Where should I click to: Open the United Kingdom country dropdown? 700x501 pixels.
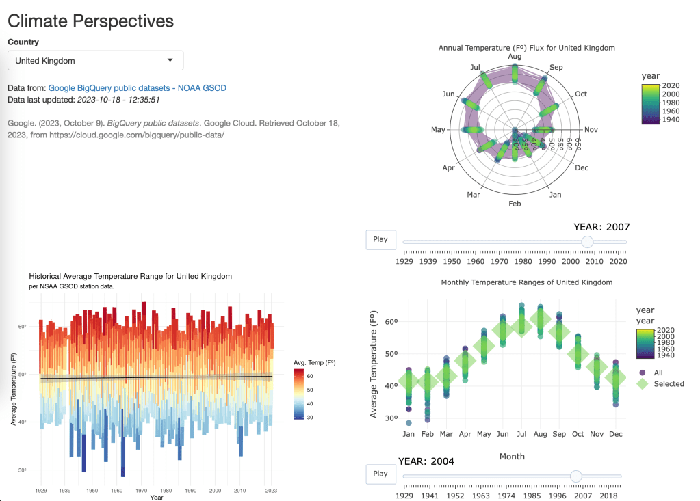(95, 61)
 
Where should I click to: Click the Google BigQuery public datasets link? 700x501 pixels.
(109, 88)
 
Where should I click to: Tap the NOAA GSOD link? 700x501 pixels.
(202, 88)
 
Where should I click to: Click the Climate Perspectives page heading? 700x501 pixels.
(90, 21)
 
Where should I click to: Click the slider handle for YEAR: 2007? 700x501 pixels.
(586, 241)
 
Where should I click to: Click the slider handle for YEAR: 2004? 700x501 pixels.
(575, 476)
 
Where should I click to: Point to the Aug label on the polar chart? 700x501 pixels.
(515, 57)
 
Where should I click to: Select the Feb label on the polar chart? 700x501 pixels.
(515, 204)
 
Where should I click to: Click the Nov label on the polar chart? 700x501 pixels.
(591, 130)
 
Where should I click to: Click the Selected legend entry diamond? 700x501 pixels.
(642, 383)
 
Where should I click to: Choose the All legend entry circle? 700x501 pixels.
(642, 373)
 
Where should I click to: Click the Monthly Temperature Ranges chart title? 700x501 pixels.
(526, 282)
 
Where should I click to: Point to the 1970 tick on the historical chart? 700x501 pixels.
(141, 490)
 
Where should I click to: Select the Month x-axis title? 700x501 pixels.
(512, 457)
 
